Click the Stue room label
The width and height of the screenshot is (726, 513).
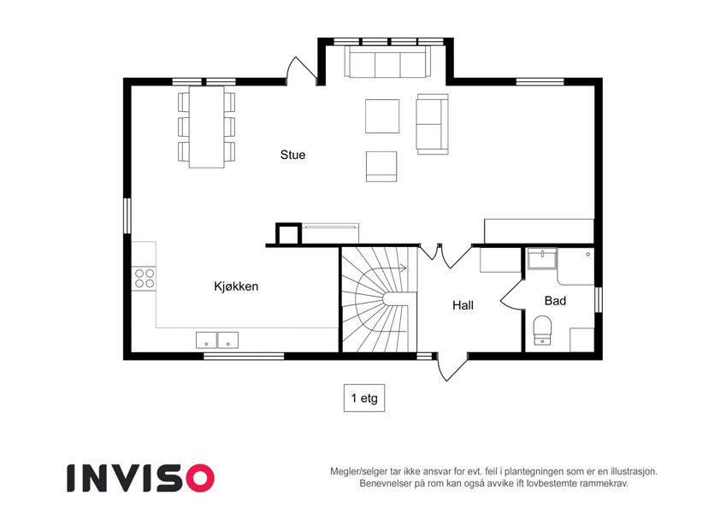coord(292,155)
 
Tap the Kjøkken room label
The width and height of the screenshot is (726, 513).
coord(236,286)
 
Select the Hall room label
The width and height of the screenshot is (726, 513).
coord(463,305)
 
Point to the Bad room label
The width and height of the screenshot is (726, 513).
coord(555,301)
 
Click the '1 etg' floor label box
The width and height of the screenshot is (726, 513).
coord(364,398)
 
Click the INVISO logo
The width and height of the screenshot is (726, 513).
coord(141,478)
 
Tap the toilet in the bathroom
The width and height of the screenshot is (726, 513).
coord(543,330)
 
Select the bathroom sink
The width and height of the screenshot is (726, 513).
coord(542,259)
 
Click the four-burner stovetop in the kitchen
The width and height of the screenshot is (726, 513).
coord(145,278)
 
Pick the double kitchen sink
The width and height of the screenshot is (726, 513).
coord(217,339)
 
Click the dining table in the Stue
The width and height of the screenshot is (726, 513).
coord(206,127)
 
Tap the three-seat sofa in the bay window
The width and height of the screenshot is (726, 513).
coord(387,62)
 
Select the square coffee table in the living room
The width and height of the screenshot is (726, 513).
coord(382,116)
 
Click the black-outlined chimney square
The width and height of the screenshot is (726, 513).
coord(288,233)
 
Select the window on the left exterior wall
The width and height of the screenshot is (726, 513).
coord(127,215)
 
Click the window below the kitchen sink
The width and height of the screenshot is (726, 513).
coord(244,356)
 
